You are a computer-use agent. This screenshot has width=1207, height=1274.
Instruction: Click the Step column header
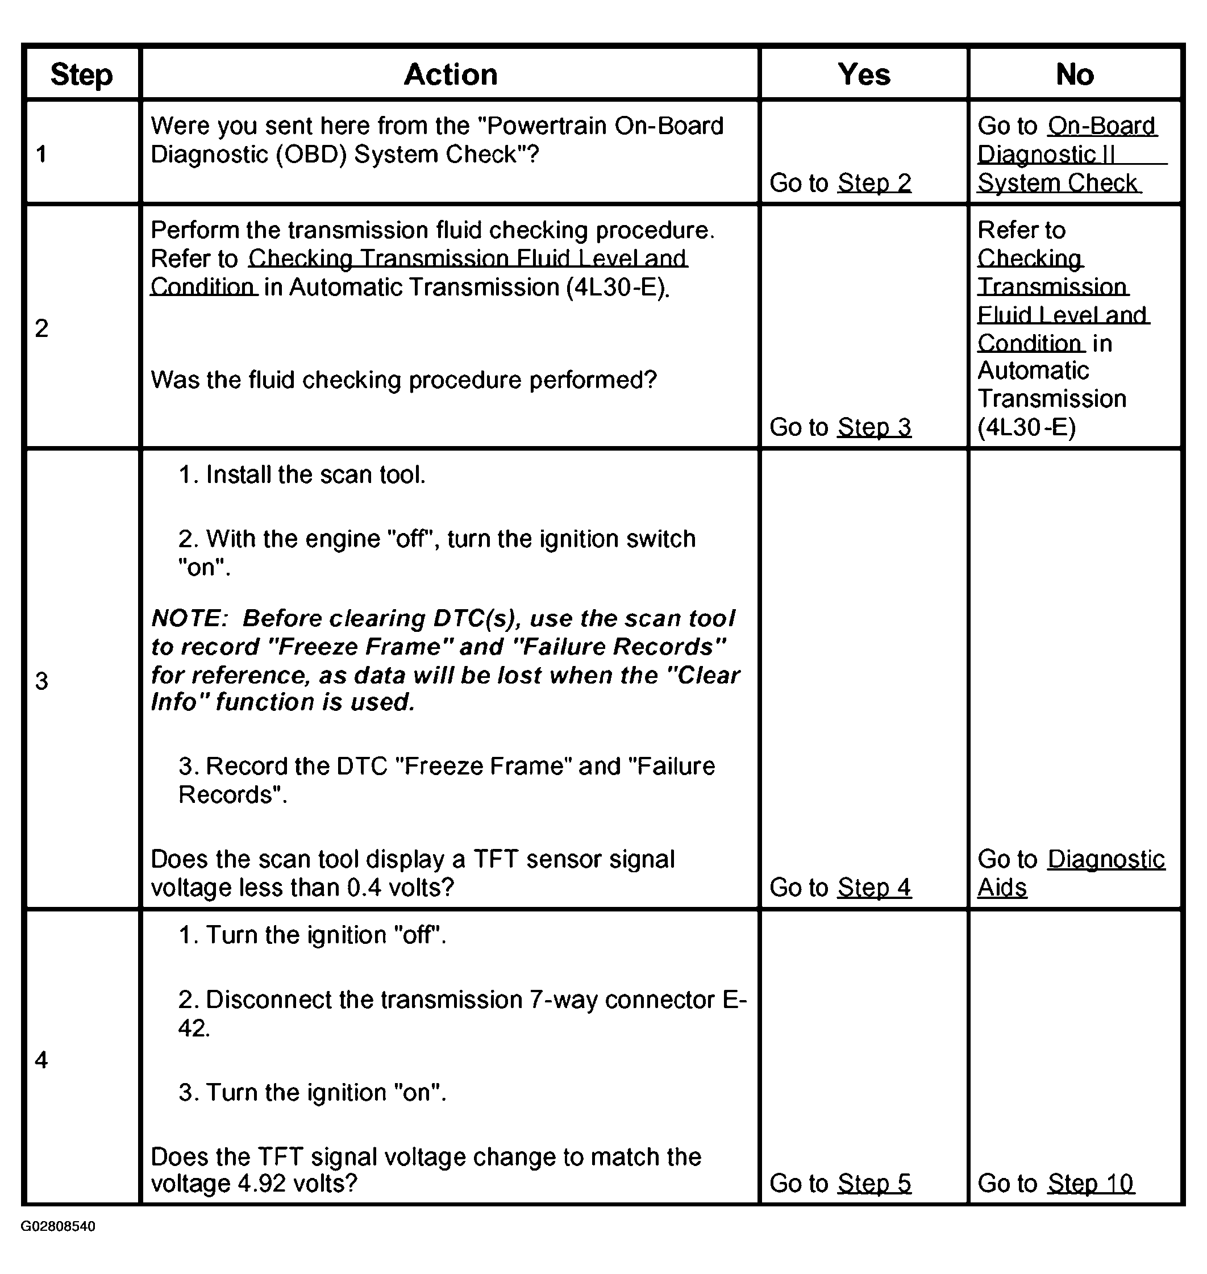pos(81,74)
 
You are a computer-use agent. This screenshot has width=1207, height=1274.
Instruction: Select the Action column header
pos(451,74)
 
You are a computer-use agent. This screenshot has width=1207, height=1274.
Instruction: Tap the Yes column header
pos(864,74)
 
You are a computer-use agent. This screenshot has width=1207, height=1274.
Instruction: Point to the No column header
pos(1075,74)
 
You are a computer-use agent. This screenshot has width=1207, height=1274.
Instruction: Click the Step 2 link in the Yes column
pos(875,184)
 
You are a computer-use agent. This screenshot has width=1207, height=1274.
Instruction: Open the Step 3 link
pos(875,427)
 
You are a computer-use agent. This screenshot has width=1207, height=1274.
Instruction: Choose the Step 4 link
pos(875,888)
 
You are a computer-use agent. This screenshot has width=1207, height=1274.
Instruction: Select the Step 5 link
pos(875,1183)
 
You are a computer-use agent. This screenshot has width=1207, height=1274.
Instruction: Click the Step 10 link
pos(1091,1183)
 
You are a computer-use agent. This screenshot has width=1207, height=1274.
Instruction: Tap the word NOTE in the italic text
pos(189,618)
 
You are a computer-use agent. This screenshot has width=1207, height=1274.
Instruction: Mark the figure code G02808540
pos(58,1226)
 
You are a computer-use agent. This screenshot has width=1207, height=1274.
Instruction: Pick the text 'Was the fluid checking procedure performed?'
pos(403,380)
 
